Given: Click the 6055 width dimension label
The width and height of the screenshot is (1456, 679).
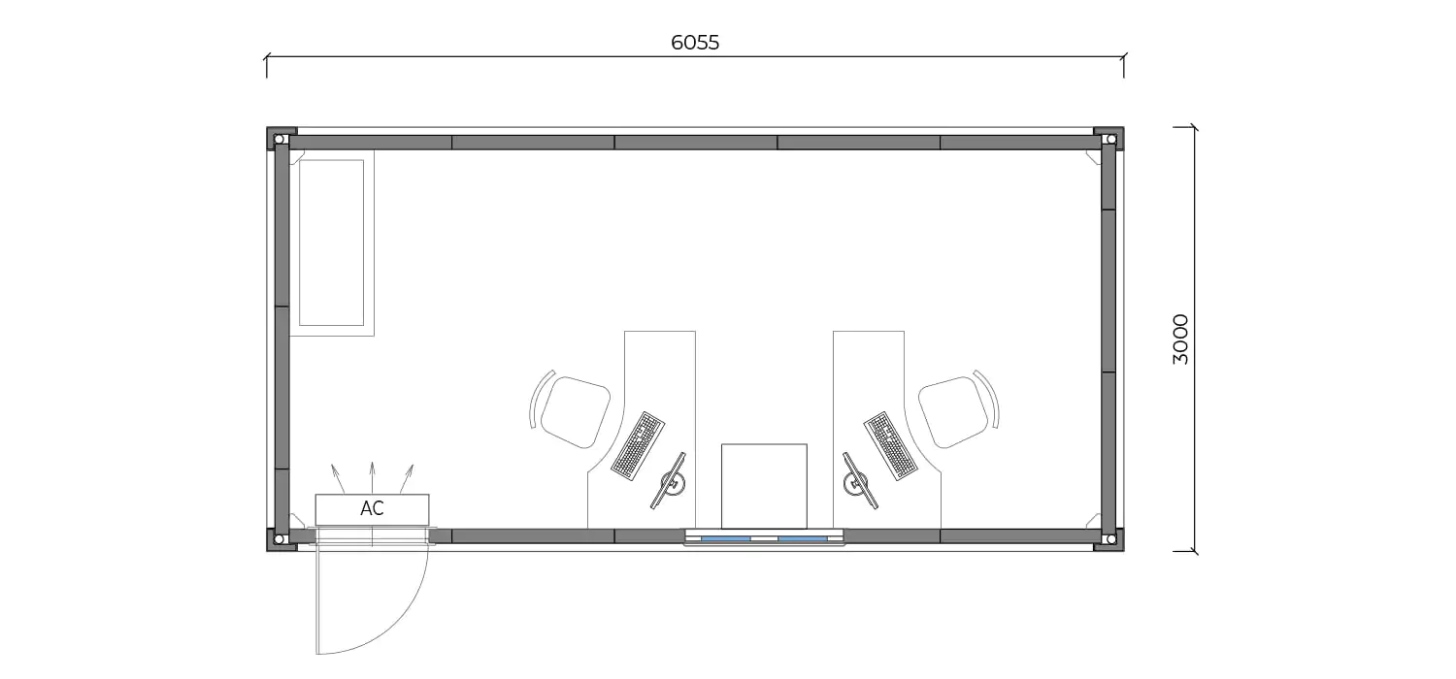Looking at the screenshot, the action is [x=695, y=43].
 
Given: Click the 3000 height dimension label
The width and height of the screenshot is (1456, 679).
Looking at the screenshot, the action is [x=1179, y=339].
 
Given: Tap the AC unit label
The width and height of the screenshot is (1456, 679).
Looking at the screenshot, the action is [x=372, y=508].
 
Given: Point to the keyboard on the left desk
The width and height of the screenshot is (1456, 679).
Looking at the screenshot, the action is [x=638, y=446].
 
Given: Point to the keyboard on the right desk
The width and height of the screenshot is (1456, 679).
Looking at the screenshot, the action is [x=890, y=446].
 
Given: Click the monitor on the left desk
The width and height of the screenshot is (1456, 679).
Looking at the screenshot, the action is [x=670, y=481].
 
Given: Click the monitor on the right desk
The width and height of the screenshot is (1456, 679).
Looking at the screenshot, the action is [x=859, y=481].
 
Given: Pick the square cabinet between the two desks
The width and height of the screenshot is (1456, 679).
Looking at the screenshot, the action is [x=765, y=487].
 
